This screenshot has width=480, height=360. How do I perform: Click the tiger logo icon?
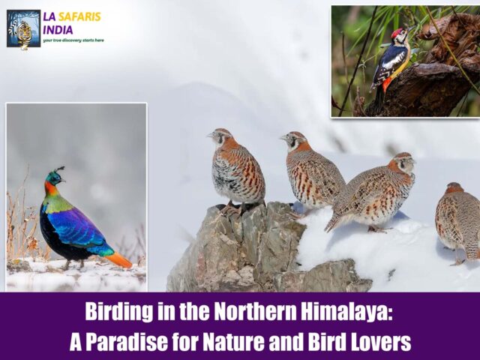coord(23,28)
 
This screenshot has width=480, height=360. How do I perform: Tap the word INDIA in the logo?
coord(58,29)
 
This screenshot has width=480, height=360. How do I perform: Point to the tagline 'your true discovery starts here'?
coord(73,40)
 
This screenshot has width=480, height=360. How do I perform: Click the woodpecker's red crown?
coord(397,33)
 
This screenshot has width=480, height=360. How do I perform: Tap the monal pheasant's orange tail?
coord(118,259)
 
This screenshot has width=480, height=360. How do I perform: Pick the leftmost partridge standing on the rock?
coord(236,171)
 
